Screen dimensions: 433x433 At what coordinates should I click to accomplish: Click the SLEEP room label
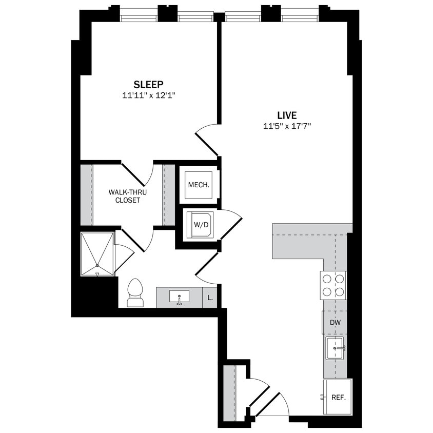[148, 84]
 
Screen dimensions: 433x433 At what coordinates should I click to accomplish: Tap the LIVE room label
[287, 115]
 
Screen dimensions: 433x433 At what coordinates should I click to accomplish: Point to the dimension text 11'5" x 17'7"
[287, 126]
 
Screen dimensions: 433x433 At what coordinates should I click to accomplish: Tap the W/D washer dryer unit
[199, 224]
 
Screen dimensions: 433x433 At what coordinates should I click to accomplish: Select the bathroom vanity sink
[179, 297]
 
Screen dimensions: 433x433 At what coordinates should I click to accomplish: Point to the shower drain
[97, 265]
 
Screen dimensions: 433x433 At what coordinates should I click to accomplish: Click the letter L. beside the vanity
[210, 298]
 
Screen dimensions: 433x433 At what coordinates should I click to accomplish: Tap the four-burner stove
[333, 285]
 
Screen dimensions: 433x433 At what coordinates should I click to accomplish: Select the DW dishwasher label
[336, 323]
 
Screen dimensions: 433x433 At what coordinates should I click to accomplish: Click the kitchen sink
[334, 349]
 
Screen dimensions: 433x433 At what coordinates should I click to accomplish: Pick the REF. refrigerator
[338, 397]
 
